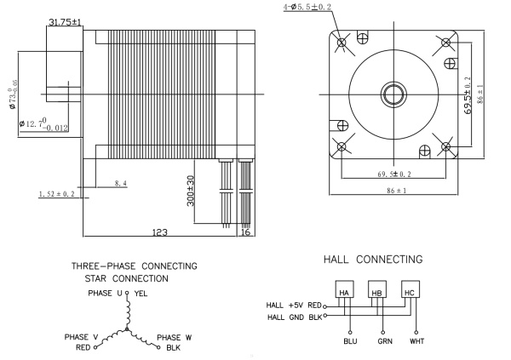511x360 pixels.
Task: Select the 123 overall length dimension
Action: (x=159, y=231)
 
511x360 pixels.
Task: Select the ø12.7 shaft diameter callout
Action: (x=43, y=127)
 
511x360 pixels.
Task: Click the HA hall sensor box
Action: (x=345, y=292)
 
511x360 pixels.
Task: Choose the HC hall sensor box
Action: (x=411, y=292)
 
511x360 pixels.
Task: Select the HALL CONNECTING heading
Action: (x=374, y=258)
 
